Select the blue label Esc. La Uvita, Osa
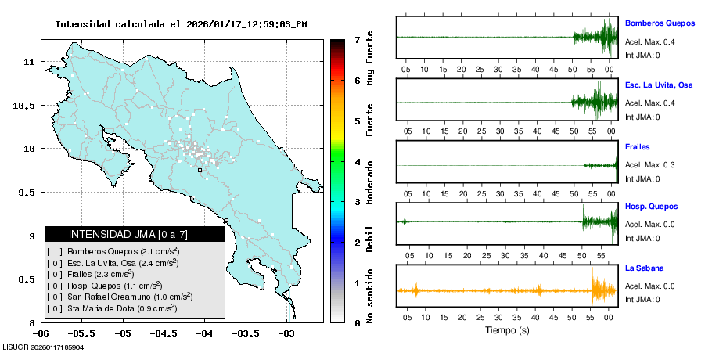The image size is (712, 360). click(x=659, y=85)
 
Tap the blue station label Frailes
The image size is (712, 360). click(x=638, y=146)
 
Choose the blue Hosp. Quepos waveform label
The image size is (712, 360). click(x=651, y=207)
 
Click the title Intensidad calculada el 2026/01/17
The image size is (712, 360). click(x=181, y=24)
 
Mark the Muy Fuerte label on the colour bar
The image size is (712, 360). click(x=369, y=62)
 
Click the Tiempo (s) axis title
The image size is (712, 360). click(x=508, y=330)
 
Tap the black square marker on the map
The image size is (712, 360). click(x=200, y=170)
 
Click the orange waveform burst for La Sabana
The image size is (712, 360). click(x=602, y=290)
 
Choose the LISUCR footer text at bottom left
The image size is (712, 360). click(x=43, y=347)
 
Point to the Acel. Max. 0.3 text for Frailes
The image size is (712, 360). click(x=649, y=165)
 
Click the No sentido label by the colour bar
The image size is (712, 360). click(x=369, y=296)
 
